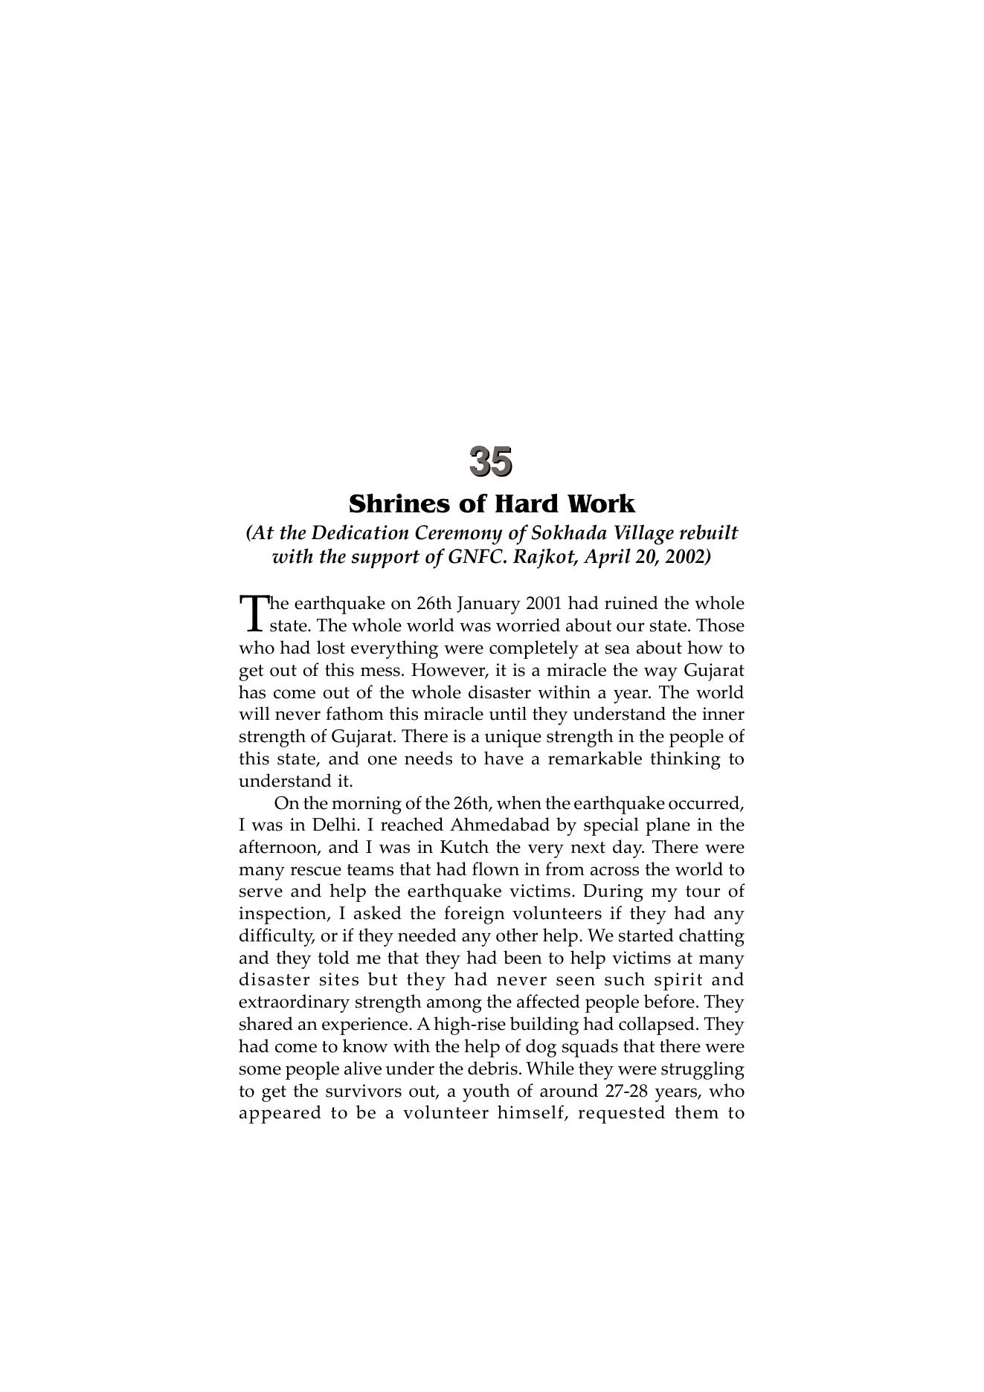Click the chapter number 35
point(491,461)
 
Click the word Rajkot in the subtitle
point(541,557)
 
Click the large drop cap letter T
point(254,612)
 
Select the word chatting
point(709,936)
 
